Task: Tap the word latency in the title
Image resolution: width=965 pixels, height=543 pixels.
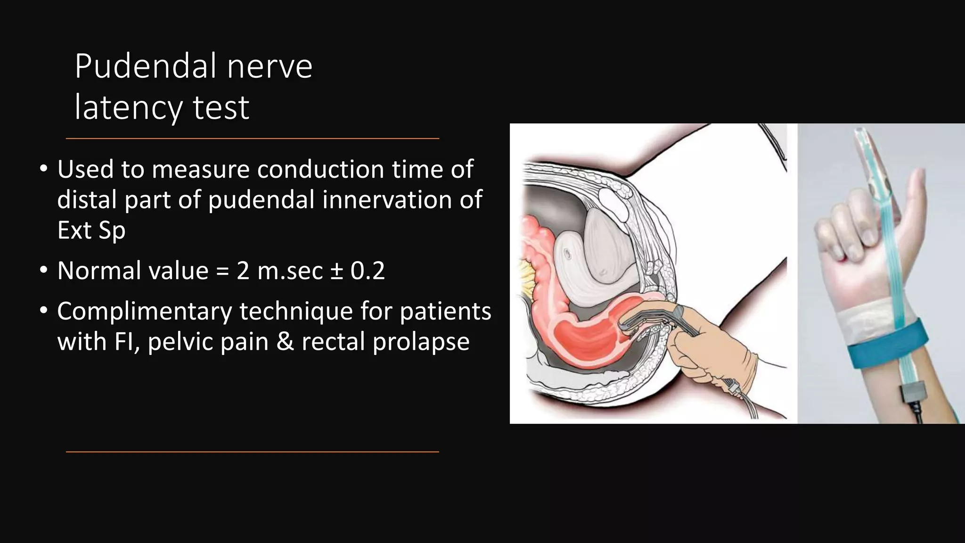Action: coord(128,108)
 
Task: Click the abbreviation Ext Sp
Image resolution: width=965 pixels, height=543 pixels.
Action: coord(91,230)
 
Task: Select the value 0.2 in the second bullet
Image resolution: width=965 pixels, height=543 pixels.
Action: coord(368,271)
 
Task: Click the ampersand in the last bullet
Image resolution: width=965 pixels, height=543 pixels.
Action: coord(285,342)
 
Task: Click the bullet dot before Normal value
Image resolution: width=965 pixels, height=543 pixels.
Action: coord(44,271)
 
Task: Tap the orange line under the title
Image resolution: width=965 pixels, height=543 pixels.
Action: coord(252,139)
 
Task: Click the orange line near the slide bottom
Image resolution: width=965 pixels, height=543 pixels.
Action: coord(252,452)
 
